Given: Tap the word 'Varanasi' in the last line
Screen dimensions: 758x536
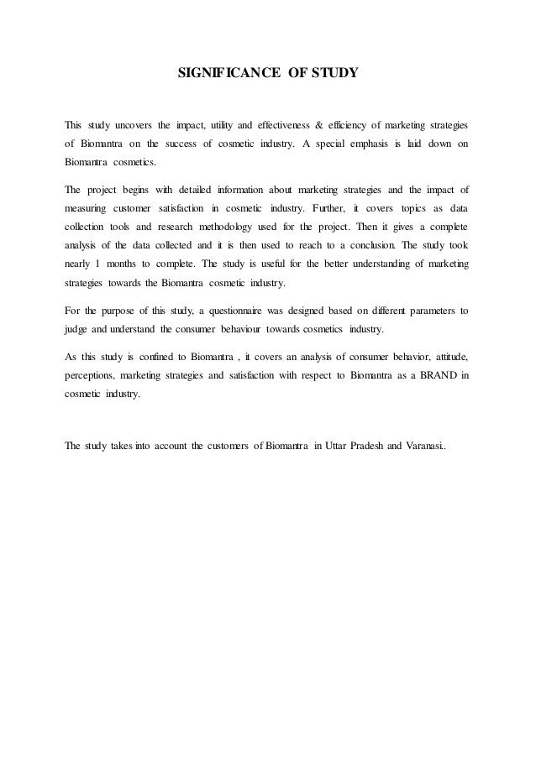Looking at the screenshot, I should click(426, 445).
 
